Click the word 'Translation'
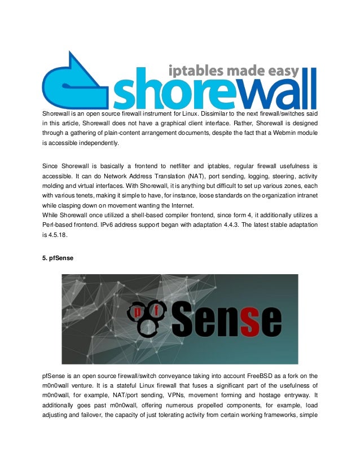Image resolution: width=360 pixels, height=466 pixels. (x=154, y=176)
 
